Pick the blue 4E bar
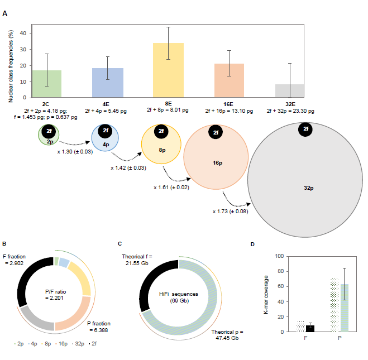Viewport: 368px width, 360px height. click(x=107, y=85)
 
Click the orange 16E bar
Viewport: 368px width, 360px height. click(x=230, y=83)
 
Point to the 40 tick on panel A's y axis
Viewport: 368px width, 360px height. click(x=23, y=33)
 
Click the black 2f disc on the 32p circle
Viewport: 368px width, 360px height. click(x=305, y=129)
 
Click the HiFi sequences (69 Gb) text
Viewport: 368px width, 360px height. click(x=179, y=296)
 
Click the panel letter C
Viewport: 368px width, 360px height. click(x=120, y=243)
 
